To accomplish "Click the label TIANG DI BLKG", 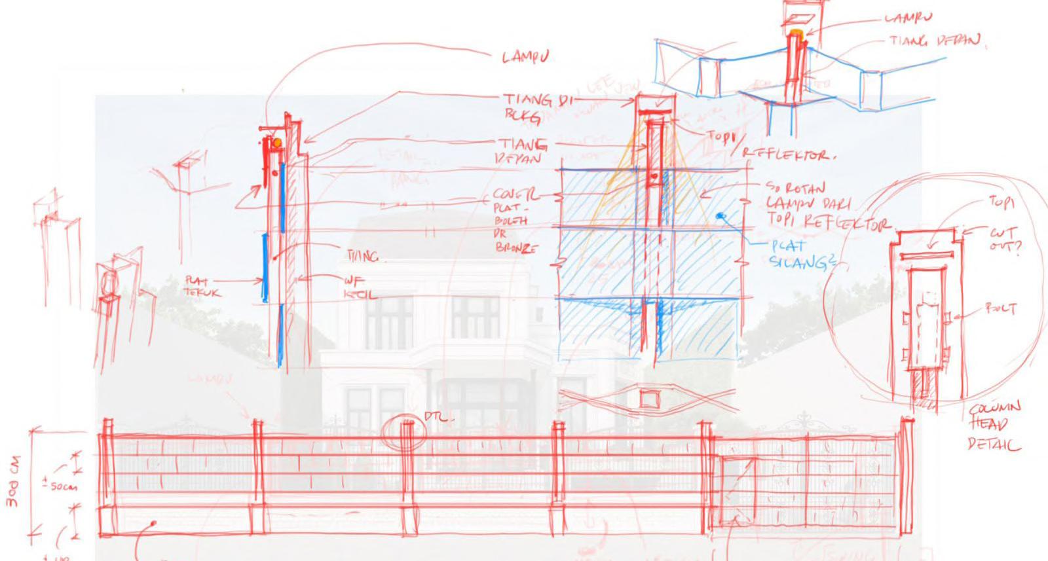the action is pos(534,107).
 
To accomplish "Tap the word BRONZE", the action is pos(516,248).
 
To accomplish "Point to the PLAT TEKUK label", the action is pos(202,287).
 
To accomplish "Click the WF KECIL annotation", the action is pos(360,288).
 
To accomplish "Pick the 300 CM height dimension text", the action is pos(13,480).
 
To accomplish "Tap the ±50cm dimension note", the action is pos(60,486).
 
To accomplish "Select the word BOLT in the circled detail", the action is pos(1000,308).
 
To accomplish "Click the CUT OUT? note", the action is pos(1004,239).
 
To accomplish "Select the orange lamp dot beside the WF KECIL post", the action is pos(278,143).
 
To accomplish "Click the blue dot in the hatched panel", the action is pos(720,215).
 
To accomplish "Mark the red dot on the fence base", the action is pos(154,524).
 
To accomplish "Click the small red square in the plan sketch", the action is pos(648,398).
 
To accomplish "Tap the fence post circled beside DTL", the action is pos(406,433).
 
